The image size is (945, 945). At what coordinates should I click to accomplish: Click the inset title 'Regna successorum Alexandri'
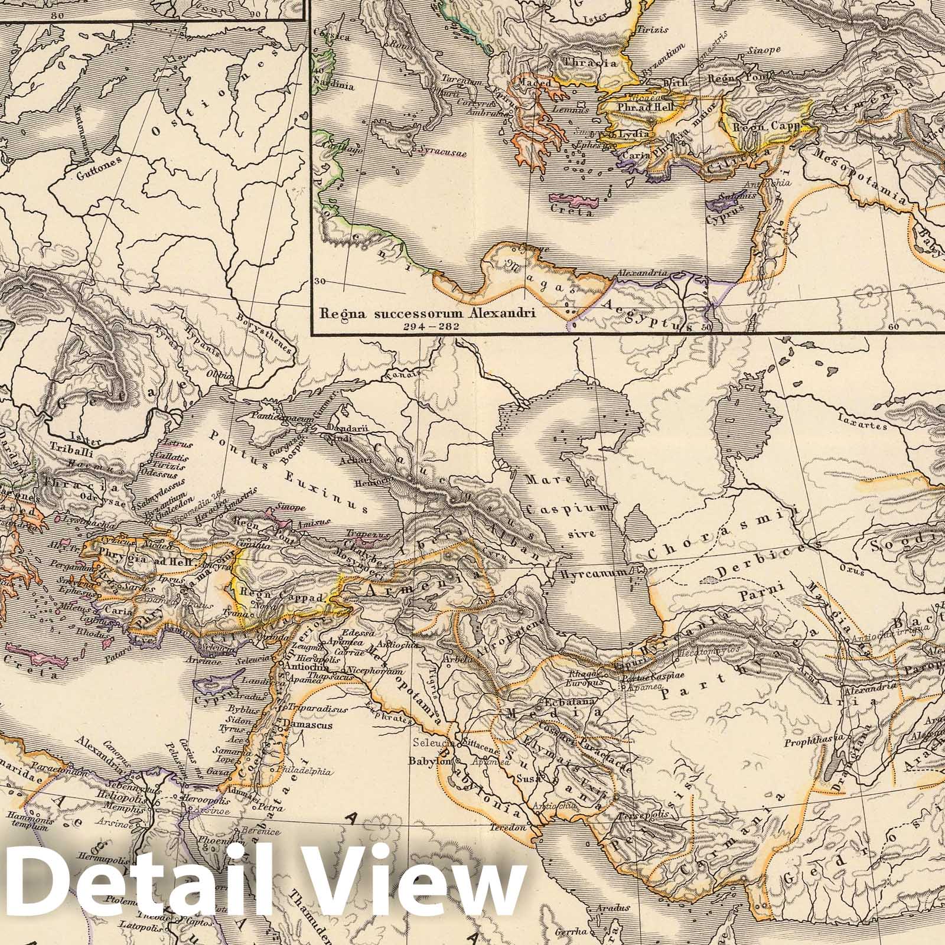tap(428, 313)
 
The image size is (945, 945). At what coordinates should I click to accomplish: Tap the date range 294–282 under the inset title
tap(427, 325)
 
